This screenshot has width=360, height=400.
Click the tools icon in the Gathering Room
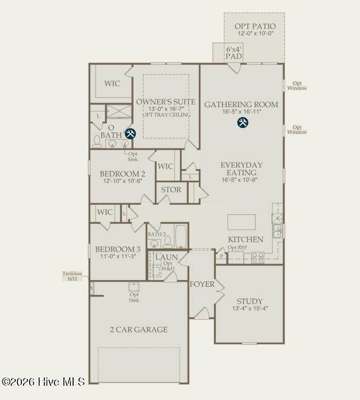pos(242,123)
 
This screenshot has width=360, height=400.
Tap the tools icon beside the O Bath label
pos(130,134)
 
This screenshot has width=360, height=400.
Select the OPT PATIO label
pos(255,26)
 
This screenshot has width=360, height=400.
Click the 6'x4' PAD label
pos(234,53)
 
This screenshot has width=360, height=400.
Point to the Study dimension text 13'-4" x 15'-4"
pos(250,308)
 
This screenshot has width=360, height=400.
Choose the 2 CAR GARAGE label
pos(139,330)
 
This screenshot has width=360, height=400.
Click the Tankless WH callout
pos(73,276)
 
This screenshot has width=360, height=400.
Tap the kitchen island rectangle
pos(241,222)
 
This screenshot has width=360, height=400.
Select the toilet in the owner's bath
pos(97,142)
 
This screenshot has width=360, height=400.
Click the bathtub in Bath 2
pos(181,236)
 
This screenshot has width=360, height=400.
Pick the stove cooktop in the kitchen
pos(258,258)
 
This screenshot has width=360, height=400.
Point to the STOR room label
pos(171,190)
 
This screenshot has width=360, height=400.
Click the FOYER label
pos(202,284)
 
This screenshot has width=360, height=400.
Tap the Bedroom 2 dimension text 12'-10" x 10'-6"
pos(123,181)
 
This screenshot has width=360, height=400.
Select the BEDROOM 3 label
pos(118,249)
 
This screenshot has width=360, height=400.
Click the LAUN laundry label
pos(167,257)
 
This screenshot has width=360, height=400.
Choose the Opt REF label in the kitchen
pos(237,247)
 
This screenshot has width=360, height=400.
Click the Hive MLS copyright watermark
pos(43,382)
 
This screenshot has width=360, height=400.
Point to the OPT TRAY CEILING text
pos(167,115)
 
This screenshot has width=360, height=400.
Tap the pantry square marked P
pos(221,256)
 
